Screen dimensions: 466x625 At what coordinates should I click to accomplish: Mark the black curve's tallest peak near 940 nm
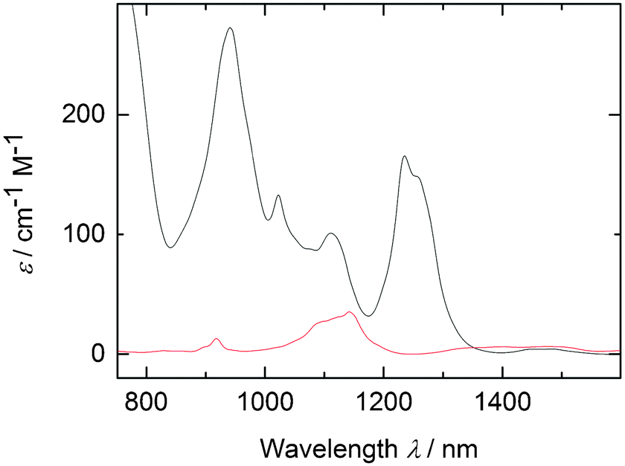tap(230, 28)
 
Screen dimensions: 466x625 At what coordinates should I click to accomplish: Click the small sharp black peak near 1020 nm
tap(278, 195)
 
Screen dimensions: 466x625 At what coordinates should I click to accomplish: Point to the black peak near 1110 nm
tap(331, 233)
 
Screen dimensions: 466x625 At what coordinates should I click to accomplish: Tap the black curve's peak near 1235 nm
tap(404, 156)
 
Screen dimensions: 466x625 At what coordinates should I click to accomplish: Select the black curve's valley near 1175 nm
tap(368, 316)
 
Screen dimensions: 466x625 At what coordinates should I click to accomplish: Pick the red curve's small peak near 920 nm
tap(216, 339)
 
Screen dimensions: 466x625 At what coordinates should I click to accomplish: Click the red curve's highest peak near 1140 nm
tap(349, 312)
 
